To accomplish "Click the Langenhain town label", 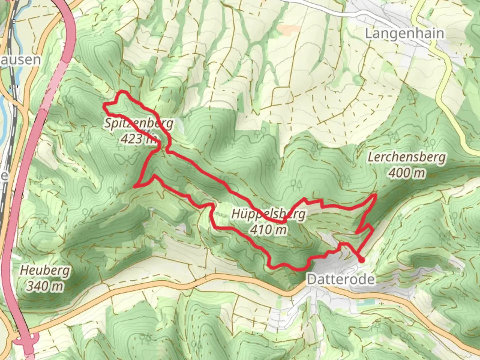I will (x=405, y=33).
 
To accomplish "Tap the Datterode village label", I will (x=340, y=279).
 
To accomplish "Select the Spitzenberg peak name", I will (x=139, y=123).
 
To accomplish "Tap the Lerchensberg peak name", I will (x=406, y=157).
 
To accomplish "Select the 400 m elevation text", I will (x=407, y=173).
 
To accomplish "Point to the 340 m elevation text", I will (x=45, y=285).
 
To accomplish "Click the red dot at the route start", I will (x=362, y=260).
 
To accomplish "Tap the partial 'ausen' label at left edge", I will (x=21, y=60).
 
